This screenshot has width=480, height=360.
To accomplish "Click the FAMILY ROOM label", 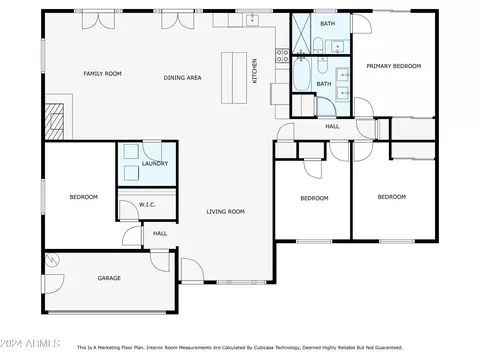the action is (102, 74).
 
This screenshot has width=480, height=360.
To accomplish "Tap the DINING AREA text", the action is (182, 78).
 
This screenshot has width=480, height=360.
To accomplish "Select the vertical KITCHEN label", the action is (254, 71).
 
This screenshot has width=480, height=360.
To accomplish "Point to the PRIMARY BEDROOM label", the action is (394, 66).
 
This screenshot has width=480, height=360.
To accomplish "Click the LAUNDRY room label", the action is (155, 163).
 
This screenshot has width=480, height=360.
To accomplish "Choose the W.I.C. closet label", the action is (147, 205).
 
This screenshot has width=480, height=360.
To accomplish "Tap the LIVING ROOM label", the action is (225, 211).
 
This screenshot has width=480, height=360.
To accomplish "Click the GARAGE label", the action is (109, 278).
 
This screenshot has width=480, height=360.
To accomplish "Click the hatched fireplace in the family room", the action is (54, 122).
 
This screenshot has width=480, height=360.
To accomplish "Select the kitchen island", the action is (234, 78).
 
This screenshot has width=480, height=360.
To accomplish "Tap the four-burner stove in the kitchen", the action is (282, 55).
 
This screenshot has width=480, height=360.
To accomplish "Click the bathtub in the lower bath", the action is (301, 74).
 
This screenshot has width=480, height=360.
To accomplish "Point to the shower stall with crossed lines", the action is (301, 33).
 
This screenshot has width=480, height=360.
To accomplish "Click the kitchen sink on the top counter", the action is (252, 20).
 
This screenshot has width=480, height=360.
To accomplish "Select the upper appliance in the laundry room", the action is (131, 151).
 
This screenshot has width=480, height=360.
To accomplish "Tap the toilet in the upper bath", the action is (318, 45).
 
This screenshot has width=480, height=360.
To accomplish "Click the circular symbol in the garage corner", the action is (52, 260).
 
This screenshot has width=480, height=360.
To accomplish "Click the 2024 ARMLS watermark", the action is (30, 343).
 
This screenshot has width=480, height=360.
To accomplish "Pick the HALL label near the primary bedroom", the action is (332, 126).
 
